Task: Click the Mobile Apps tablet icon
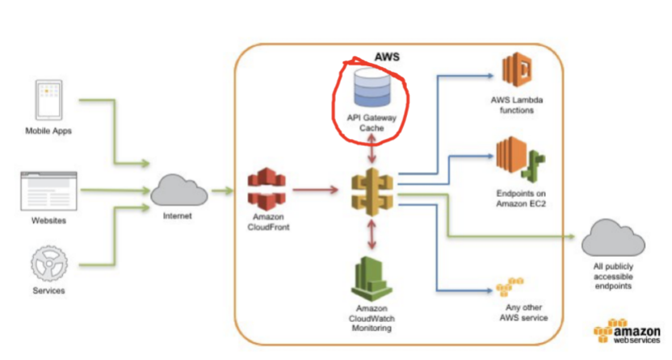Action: (48, 100)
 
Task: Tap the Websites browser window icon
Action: (48, 191)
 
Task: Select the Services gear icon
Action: (48, 263)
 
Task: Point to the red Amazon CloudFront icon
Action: (267, 189)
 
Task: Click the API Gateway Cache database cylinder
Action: (372, 87)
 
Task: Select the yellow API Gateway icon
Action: (372, 191)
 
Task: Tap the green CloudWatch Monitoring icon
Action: (372, 278)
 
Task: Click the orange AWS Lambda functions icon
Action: (517, 69)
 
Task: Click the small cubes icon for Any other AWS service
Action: (510, 287)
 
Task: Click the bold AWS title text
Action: (387, 57)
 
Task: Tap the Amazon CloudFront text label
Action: (268, 222)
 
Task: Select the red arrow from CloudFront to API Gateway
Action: (316, 189)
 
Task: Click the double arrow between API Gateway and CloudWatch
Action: (372, 235)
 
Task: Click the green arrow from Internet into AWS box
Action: (222, 190)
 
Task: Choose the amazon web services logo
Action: (627, 331)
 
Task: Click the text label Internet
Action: (178, 216)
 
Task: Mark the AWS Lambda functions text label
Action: (517, 105)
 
